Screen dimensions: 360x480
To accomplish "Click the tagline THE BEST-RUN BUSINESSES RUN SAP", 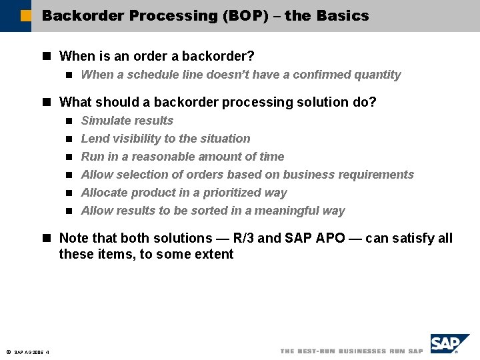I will pos(351,351).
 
